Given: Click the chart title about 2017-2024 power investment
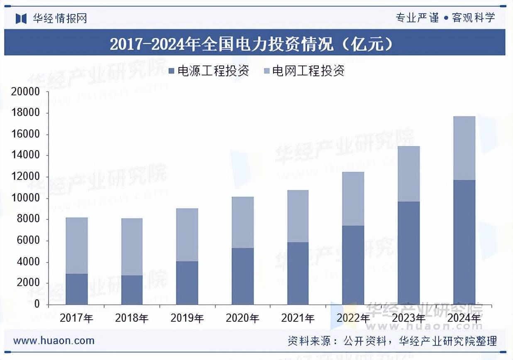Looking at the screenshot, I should [251, 44].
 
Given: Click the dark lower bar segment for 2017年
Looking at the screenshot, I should [77, 289].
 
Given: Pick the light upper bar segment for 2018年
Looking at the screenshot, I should [132, 247].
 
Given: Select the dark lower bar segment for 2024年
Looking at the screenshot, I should [464, 242].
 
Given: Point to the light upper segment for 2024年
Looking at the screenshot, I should [464, 148].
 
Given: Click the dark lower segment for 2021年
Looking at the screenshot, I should [298, 273].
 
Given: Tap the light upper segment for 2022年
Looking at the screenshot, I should [353, 199].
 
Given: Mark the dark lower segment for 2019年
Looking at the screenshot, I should [187, 283].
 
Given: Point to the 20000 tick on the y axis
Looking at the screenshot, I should [25, 92].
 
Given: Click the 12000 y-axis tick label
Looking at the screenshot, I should [25, 177].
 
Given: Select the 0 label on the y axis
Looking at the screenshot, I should [37, 304].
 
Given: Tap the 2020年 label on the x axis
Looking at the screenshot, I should [242, 319].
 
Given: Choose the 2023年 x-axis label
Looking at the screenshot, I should [408, 319].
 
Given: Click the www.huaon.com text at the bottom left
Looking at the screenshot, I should [54, 341].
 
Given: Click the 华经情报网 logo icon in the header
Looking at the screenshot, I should [21, 18].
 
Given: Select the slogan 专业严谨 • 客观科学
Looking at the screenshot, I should [445, 18].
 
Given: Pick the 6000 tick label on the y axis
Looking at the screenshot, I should [28, 241].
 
